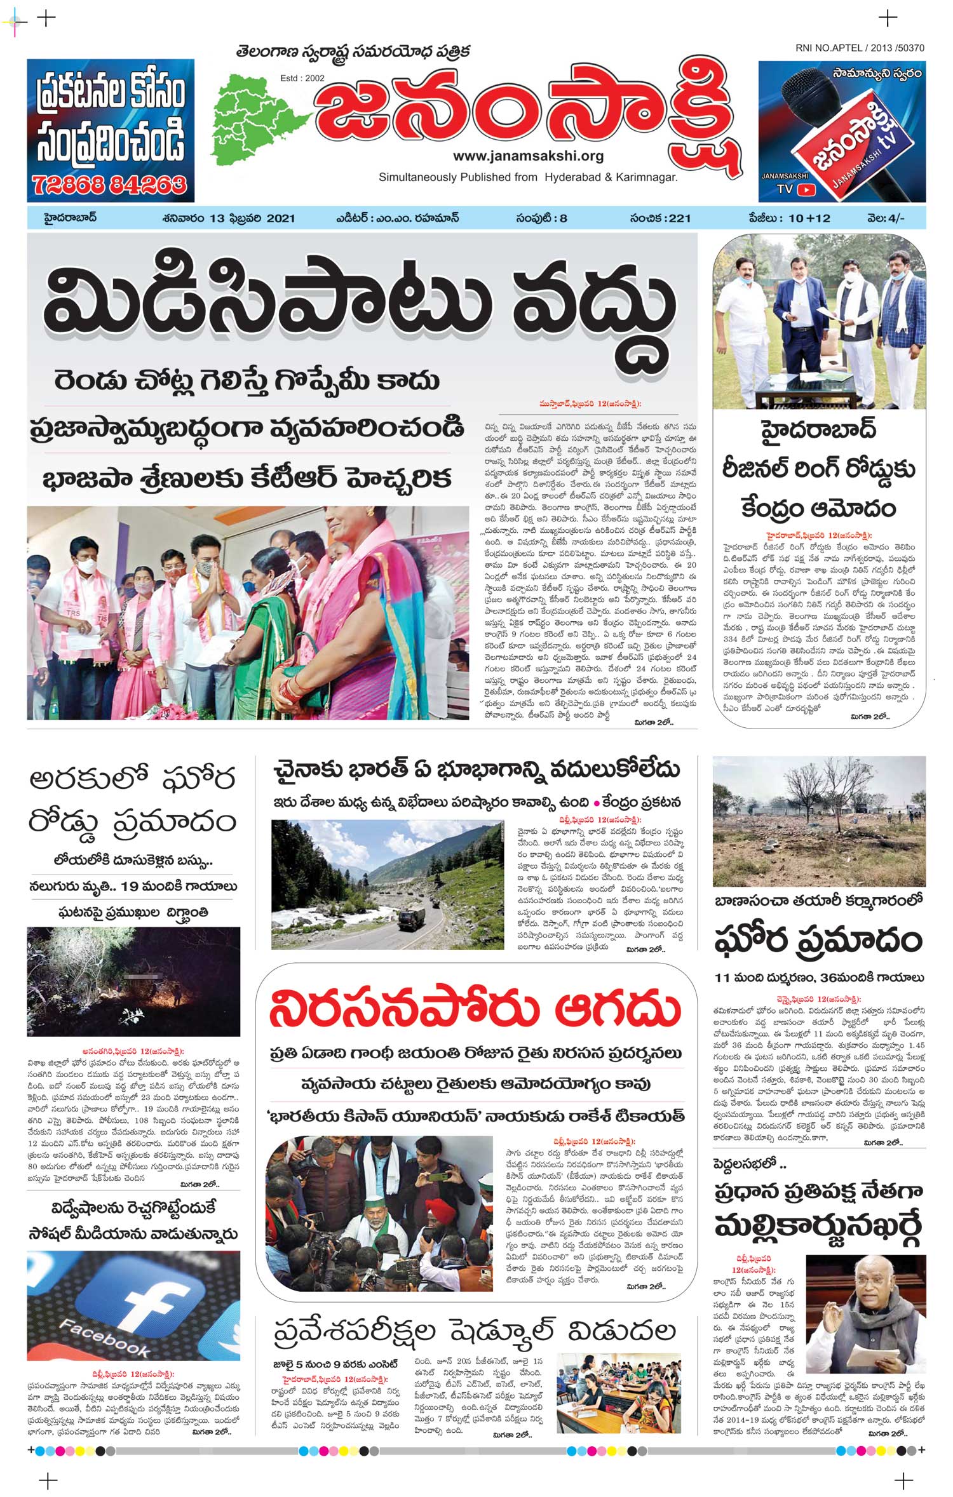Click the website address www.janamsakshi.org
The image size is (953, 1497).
528,156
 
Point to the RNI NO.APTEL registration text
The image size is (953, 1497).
860,48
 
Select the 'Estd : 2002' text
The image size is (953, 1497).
302,78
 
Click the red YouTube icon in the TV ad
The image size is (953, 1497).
806,189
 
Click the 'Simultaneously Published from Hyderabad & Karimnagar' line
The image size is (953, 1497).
528,177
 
